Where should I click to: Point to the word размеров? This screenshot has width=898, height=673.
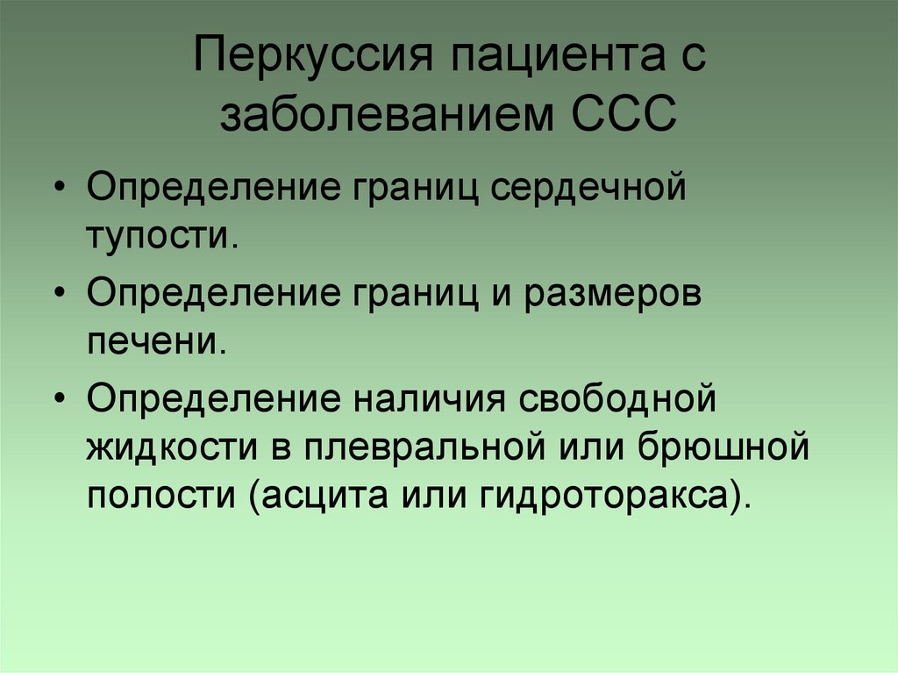(x=614, y=296)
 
